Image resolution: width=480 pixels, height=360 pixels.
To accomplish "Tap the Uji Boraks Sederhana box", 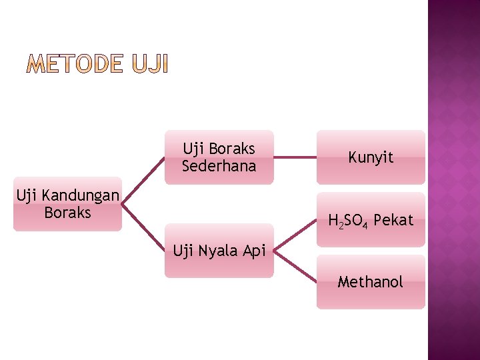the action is pos(219,157).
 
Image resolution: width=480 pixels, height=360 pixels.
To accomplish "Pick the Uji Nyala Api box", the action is pos(219,251).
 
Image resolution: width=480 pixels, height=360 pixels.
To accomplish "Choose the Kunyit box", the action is pos(371,157).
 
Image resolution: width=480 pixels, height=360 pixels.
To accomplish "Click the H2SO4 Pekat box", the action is pos(371,219).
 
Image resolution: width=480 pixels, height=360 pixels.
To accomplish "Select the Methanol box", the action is pos(371,282).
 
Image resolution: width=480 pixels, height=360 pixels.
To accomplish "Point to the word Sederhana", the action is pos(219,166).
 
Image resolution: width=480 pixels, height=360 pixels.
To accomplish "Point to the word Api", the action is pos(254,251).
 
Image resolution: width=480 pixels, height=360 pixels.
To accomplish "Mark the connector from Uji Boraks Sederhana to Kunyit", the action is pos(295,157).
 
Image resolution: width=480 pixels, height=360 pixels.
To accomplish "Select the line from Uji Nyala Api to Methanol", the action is pos(295,266).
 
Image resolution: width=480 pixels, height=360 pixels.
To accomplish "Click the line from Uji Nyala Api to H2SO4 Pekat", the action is pos(295,235).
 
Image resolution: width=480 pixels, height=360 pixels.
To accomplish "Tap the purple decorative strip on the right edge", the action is pos(454,180).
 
